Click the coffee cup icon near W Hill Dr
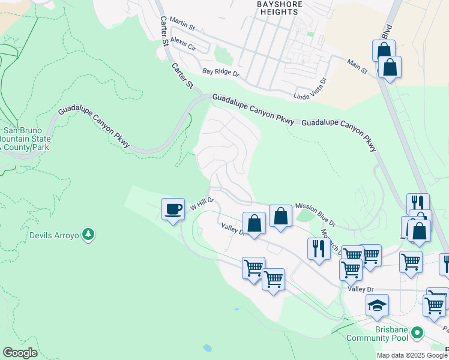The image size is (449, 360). coord(173,209)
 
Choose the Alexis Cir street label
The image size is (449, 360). coord(183,42)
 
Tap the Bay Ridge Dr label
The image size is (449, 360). coord(220,72)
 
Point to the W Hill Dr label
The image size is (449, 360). coord(202,204)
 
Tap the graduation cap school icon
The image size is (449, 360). coord(377,305)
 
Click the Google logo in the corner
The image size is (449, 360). coord(20,353)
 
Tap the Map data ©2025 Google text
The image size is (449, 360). coord(412,355)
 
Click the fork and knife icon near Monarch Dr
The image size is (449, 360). coord(318,248)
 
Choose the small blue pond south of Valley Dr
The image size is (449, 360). coord(207,347)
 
